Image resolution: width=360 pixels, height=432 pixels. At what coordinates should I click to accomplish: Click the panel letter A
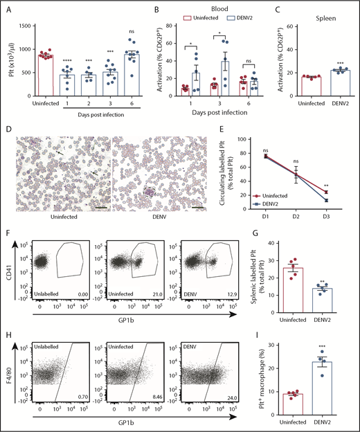coord(8,9)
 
